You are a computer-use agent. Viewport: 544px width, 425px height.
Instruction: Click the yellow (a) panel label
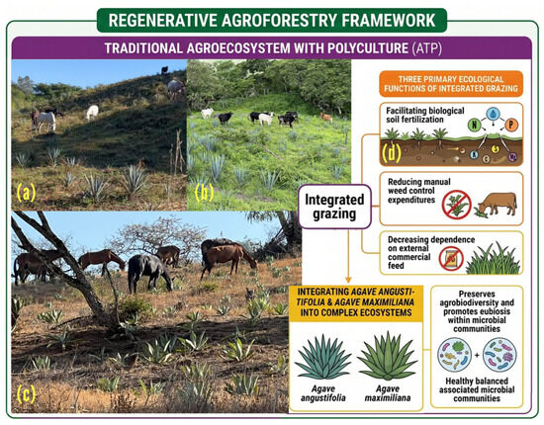pos(27,193)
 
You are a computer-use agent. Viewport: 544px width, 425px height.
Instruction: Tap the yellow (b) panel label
pos(204,193)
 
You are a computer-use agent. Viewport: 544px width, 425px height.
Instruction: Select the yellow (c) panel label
pos(26,393)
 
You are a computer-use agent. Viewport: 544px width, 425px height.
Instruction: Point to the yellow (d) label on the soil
pos(392,152)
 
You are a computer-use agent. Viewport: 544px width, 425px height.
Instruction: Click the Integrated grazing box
pos(334,207)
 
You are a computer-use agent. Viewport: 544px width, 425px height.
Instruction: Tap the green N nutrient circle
pos(474,125)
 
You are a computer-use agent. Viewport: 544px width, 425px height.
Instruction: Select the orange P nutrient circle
pos(511,125)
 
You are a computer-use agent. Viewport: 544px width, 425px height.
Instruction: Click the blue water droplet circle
pos(493,114)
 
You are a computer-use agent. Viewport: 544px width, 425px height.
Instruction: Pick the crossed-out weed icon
pos(457,205)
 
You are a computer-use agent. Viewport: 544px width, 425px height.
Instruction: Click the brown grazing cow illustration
pos(496,205)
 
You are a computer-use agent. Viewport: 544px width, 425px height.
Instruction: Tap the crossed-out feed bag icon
pos(451,259)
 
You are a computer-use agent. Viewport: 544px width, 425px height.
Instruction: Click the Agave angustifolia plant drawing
pos(323,357)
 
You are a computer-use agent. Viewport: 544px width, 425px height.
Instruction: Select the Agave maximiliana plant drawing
pos(387,356)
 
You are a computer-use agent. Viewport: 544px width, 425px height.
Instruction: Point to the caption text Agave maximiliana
pos(388,393)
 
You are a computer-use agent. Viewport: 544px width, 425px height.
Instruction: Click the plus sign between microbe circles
pos(477,355)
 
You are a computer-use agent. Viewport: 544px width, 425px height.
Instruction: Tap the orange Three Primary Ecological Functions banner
pos(451,84)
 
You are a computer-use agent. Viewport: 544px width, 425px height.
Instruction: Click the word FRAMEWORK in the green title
pos(389,21)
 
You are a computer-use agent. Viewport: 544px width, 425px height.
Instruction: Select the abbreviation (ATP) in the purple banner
pos(427,48)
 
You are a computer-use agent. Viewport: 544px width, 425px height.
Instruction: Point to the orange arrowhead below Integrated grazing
pos(349,280)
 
